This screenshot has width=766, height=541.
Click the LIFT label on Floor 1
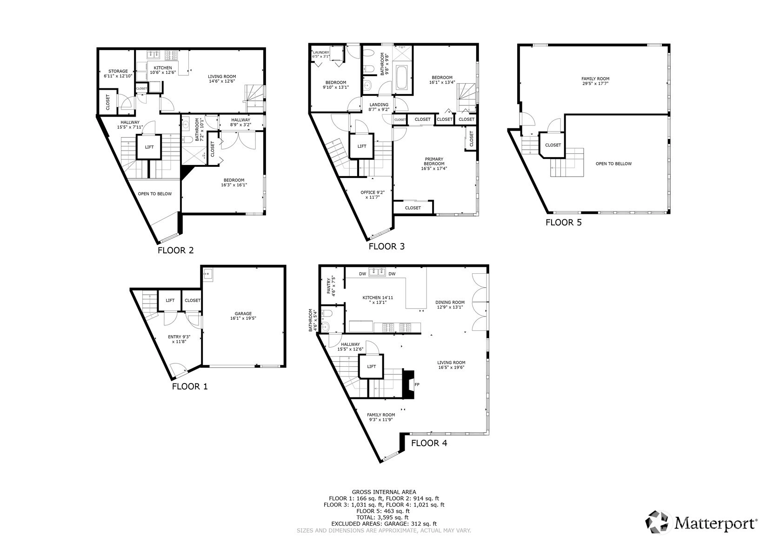click(x=170, y=300)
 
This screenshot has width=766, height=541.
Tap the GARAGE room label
click(x=243, y=313)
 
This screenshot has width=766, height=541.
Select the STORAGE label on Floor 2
click(x=118, y=71)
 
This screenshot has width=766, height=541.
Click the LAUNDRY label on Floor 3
click(x=321, y=53)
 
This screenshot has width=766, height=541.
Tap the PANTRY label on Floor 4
click(x=329, y=286)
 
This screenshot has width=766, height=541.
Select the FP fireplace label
click(x=417, y=384)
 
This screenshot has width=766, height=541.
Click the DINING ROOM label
click(x=450, y=302)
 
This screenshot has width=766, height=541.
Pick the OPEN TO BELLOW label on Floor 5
click(x=614, y=164)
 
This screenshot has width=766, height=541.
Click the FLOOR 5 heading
click(x=564, y=223)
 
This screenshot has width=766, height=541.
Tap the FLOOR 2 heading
click(x=176, y=250)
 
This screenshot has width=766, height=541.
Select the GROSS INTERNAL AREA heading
click(x=384, y=492)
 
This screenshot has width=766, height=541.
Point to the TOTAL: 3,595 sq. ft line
click(x=383, y=517)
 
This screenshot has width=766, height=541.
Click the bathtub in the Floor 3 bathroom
click(x=402, y=78)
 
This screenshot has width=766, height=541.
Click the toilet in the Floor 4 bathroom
click(x=327, y=313)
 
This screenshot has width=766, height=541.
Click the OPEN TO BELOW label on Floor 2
click(x=155, y=194)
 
